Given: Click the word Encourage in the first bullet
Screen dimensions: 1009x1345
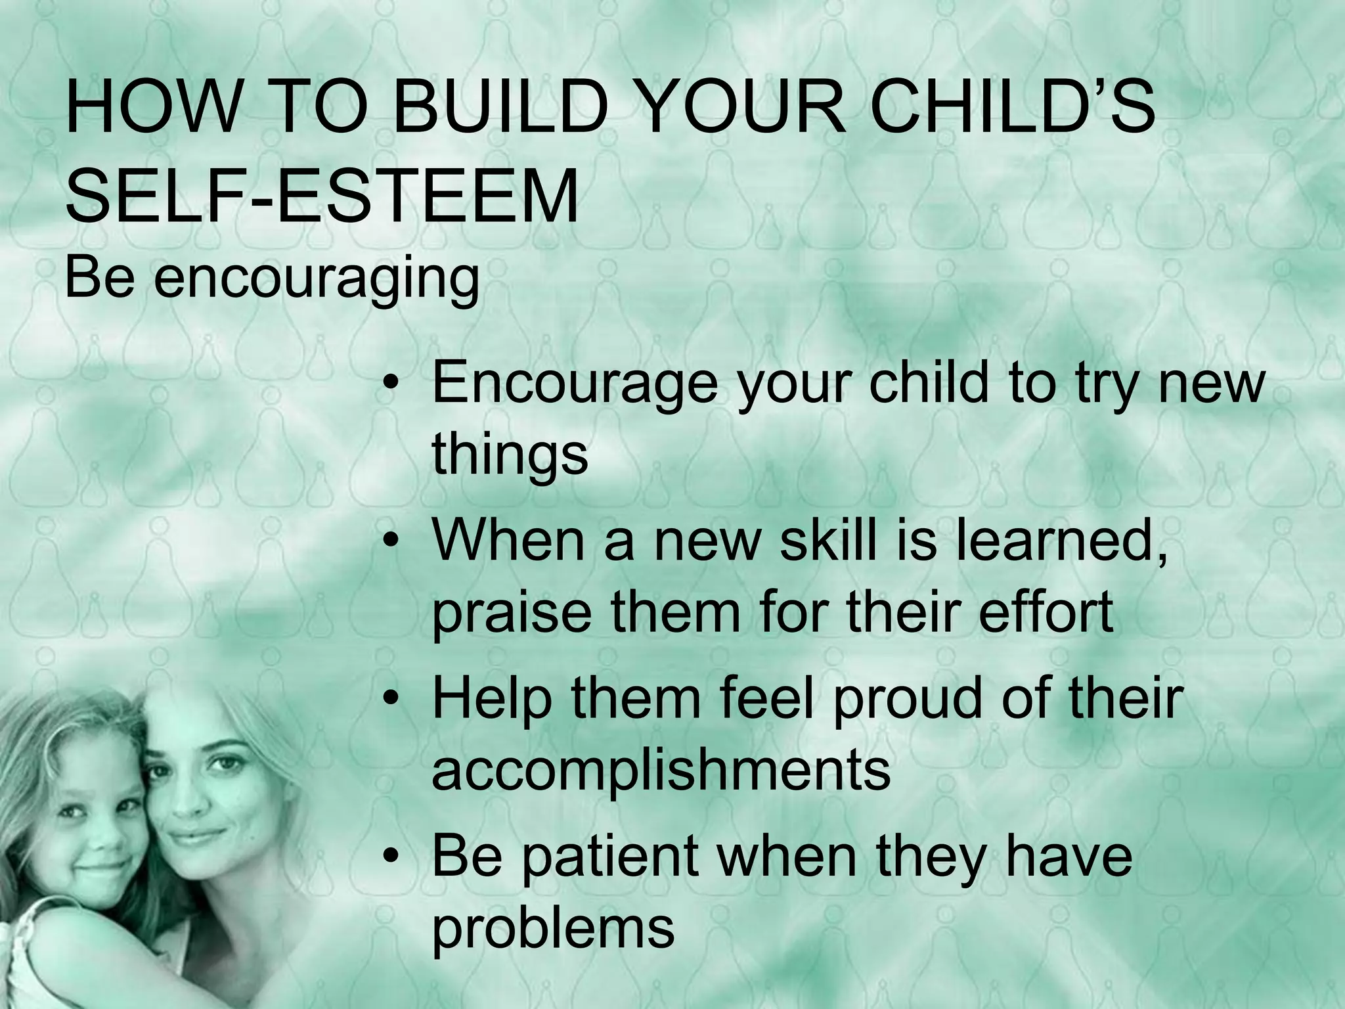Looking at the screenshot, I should (575, 384).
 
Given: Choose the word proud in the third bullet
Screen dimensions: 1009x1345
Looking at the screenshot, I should (910, 700).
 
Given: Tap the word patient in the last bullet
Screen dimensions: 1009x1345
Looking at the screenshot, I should (611, 857).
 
